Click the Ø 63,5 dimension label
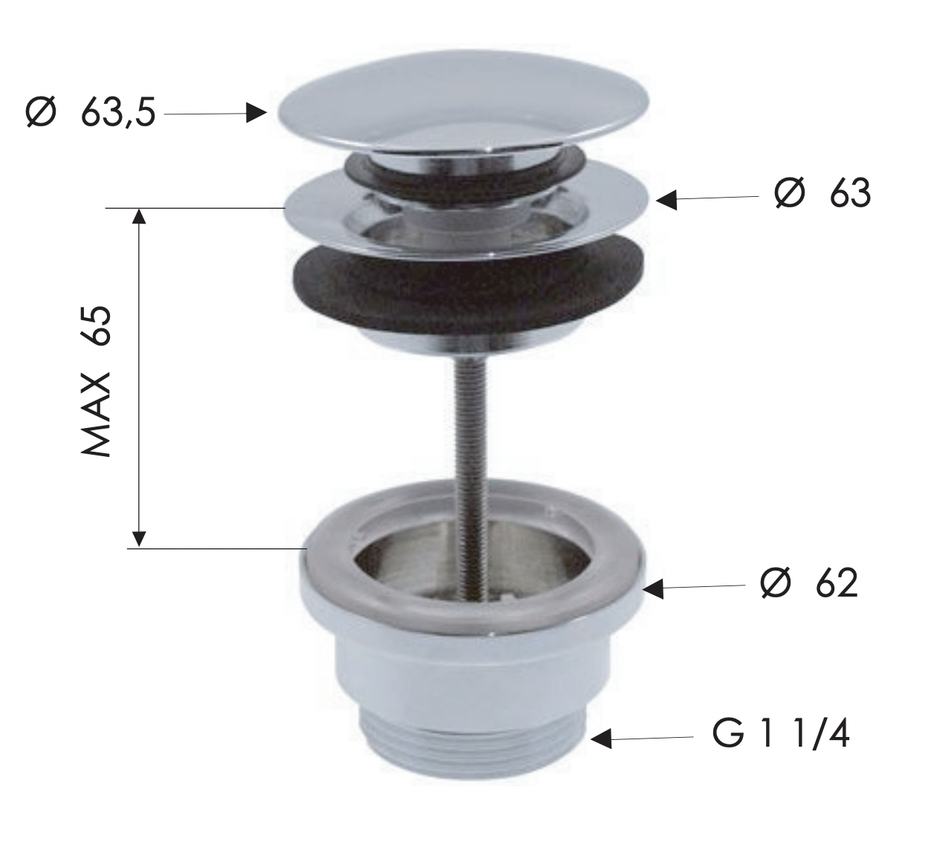point(90,114)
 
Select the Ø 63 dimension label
point(822,194)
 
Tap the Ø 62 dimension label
point(809,584)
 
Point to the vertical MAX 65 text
point(97,381)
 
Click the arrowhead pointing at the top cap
point(256,113)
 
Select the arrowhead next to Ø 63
point(666,199)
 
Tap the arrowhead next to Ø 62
point(653,588)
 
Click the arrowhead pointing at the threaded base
point(601,739)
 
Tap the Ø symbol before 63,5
point(41,114)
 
